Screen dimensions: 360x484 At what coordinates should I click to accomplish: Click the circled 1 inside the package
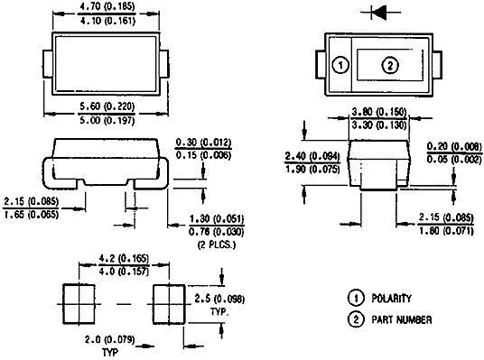tap(340, 65)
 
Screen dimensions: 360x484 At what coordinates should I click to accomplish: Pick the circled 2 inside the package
tap(390, 65)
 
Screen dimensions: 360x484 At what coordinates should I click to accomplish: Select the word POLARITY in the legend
tap(389, 299)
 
